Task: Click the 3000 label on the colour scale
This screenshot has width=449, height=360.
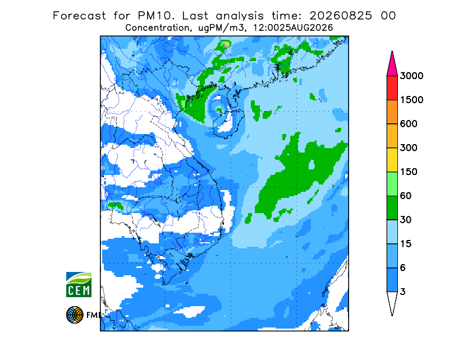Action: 411,76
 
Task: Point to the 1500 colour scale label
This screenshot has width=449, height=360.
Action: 411,100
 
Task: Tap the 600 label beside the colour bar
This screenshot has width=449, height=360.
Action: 409,124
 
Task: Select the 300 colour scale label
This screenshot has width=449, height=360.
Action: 409,148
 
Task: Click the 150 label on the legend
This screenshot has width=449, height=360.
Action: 409,172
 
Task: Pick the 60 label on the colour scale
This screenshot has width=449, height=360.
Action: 406,196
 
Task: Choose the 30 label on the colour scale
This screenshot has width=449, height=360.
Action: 406,220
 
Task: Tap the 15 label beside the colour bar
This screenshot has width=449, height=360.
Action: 406,244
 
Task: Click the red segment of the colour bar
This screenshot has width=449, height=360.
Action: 392,88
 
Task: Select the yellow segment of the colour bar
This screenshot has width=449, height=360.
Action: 392,160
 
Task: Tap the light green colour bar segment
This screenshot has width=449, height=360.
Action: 392,184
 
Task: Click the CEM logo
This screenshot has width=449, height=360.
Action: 79,284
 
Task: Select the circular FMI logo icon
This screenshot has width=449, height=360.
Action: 75,315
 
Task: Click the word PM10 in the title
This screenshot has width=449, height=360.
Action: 155,16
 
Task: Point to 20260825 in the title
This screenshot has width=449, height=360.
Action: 341,16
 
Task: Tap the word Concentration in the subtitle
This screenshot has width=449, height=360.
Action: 157,28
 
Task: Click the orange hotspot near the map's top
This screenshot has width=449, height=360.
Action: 226,44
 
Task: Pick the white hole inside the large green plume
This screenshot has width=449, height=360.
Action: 311,165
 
